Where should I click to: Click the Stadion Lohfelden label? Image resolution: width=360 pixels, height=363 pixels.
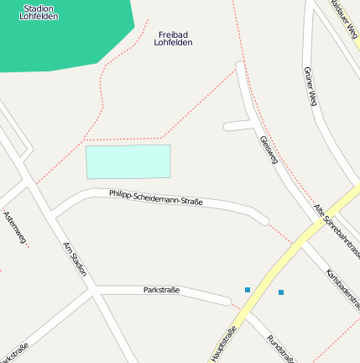click(39, 11)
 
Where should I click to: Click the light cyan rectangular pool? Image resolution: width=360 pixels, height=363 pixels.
click(128, 161)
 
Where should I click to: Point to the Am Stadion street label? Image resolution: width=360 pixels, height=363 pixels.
click(75, 259)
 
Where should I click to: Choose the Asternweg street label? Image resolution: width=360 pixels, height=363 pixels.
click(15, 227)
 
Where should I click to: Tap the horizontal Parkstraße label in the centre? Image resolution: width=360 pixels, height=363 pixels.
click(161, 290)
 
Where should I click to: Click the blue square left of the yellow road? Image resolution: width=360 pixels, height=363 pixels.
click(248, 290)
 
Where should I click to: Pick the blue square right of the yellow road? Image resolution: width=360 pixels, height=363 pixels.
click(281, 292)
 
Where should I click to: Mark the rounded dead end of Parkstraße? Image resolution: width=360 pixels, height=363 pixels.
click(226, 300)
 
